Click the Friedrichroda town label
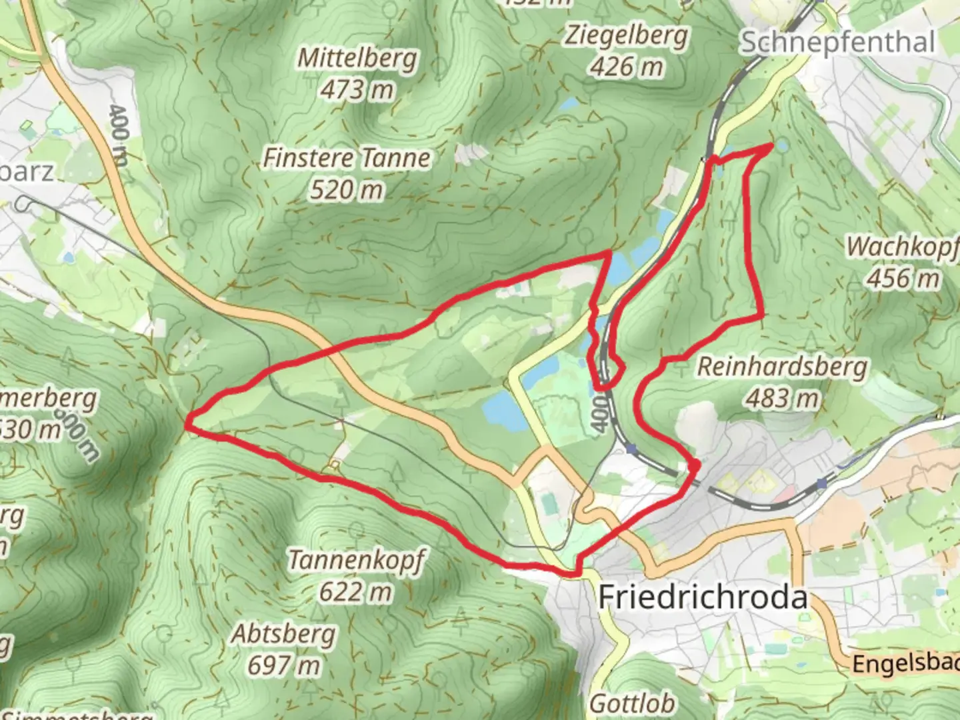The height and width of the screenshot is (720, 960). (703, 597)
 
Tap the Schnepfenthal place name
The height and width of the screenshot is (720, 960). (837, 43)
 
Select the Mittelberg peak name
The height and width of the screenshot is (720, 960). (357, 59)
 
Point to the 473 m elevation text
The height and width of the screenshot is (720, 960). (357, 89)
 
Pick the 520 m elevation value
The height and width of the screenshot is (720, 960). (347, 190)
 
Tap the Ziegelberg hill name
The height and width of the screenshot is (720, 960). (626, 35)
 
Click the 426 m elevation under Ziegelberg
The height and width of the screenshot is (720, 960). (627, 67)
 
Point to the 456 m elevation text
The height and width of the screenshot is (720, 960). (903, 277)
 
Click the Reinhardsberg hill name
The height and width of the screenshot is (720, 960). (783, 367)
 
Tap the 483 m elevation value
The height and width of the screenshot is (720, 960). (783, 398)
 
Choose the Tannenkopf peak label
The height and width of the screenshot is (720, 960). (357, 560)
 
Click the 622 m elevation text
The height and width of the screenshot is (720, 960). (356, 591)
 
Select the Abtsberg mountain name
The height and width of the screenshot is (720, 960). (284, 634)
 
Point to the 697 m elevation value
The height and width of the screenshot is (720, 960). (284, 665)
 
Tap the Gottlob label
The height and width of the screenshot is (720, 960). (632, 704)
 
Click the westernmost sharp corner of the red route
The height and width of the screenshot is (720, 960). (188, 421)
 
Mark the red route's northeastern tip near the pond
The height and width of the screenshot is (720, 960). (771, 145)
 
